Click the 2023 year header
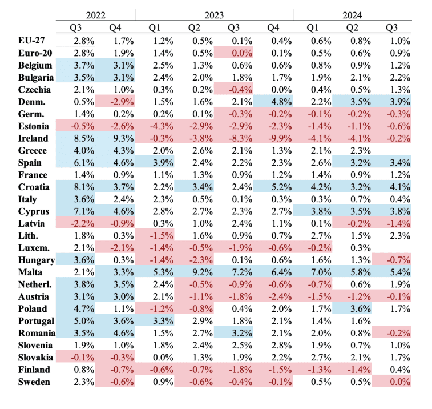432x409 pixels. tap(213, 14)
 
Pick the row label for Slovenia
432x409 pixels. tap(35, 344)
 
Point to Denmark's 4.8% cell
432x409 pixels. tap(280, 102)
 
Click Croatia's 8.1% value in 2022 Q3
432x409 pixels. tap(84, 187)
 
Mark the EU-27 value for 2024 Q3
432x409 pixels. tap(398, 41)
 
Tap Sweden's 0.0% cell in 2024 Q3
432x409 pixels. tap(398, 381)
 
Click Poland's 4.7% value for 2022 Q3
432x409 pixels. tap(84, 308)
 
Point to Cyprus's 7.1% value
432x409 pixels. tap(84, 211)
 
